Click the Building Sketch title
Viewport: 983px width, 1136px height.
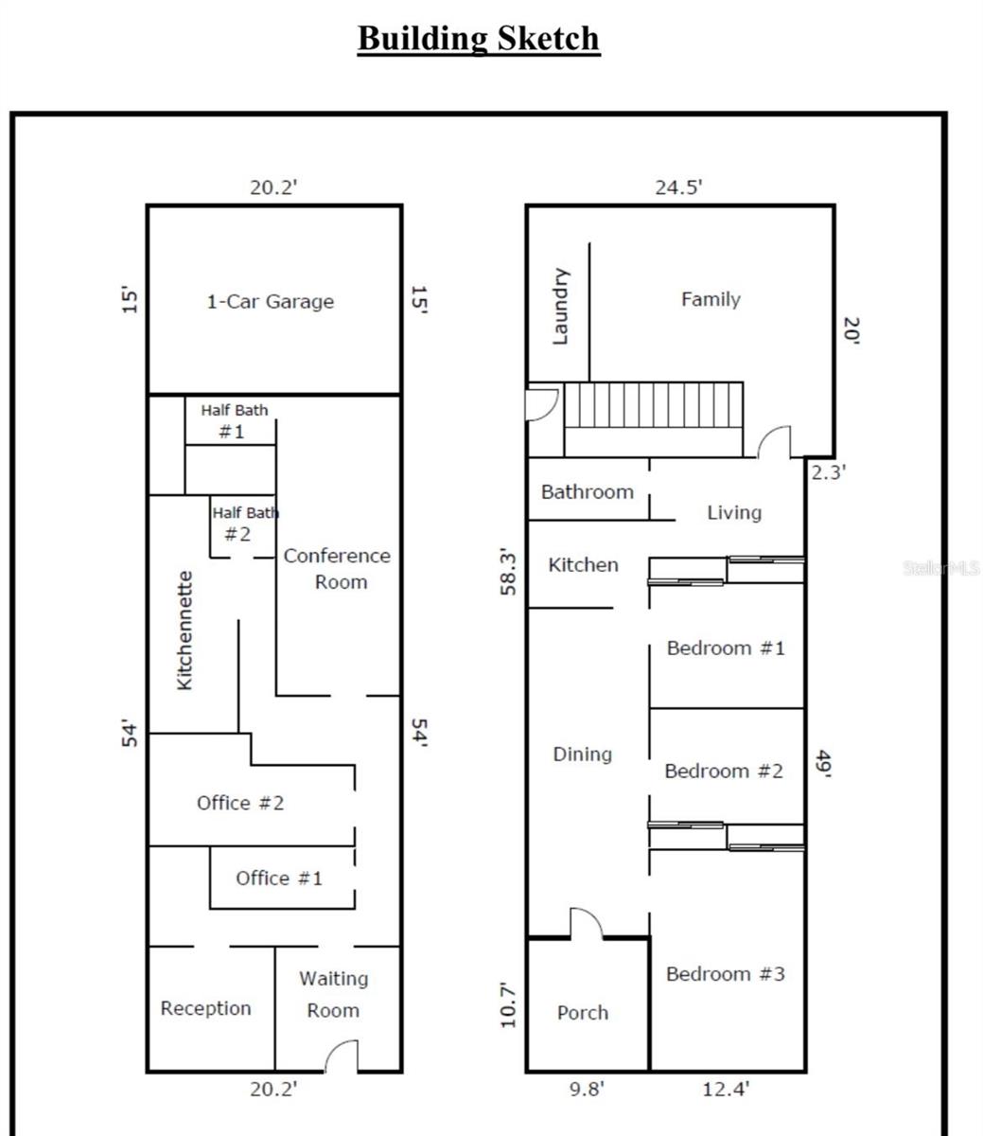[x=479, y=40]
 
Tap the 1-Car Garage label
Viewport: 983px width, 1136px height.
[x=271, y=301]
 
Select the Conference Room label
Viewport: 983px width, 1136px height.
[x=337, y=568]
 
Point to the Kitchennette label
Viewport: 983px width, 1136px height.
[x=185, y=630]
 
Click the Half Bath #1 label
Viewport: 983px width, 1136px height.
[x=235, y=421]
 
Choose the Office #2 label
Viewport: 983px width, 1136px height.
[x=240, y=803]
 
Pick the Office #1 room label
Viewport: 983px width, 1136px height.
[x=279, y=879]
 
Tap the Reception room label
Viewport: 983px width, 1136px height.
[x=206, y=1008]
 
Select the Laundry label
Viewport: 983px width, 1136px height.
[x=560, y=306]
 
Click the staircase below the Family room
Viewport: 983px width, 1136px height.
[x=654, y=419]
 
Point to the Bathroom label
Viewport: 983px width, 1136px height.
[x=587, y=491]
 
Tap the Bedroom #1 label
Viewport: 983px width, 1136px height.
[x=726, y=648]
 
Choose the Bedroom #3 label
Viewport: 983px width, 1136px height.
[x=726, y=974]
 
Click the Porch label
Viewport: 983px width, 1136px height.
[x=583, y=1012]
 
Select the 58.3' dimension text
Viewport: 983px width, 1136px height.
[x=508, y=572]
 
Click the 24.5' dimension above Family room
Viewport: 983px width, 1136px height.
[x=678, y=187]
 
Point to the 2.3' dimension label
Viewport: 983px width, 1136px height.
[x=829, y=472]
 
